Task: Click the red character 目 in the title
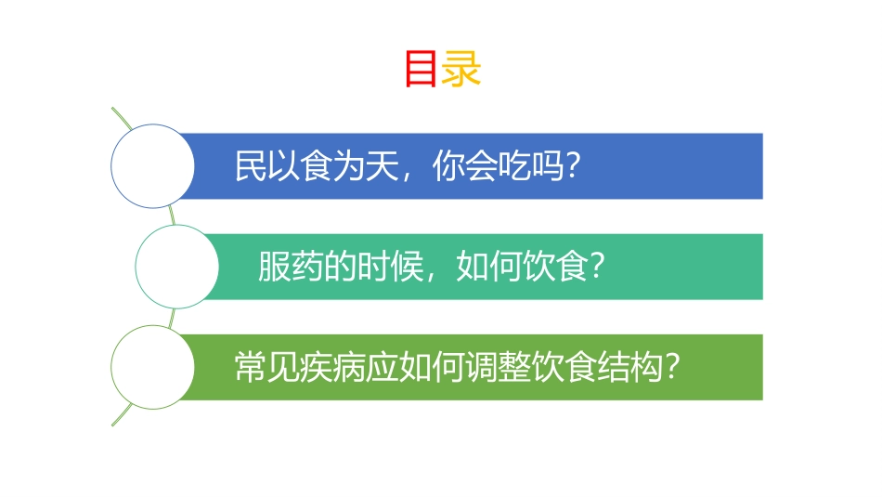click(422, 70)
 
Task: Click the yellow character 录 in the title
click(461, 70)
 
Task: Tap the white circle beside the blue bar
click(152, 166)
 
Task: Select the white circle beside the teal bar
click(177, 267)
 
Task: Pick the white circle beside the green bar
click(152, 367)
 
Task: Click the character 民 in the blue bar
click(251, 166)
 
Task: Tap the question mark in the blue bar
click(573, 166)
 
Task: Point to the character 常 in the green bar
click(251, 367)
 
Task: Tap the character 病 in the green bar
click(350, 367)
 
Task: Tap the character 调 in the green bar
click(482, 367)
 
